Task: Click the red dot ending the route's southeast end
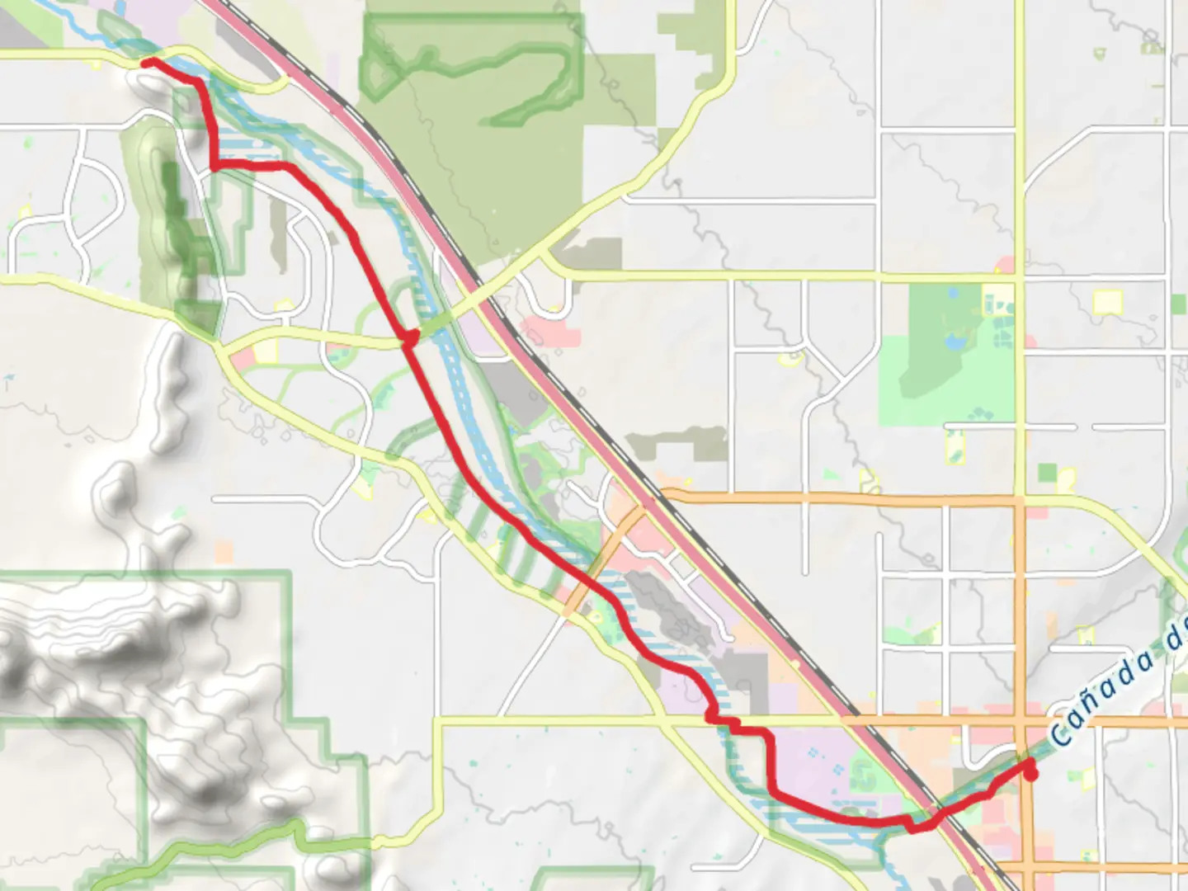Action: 1030,774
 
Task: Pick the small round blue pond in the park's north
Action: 954,292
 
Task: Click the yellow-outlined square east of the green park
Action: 1107,302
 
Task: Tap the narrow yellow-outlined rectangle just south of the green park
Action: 955,447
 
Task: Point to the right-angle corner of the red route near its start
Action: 216,165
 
